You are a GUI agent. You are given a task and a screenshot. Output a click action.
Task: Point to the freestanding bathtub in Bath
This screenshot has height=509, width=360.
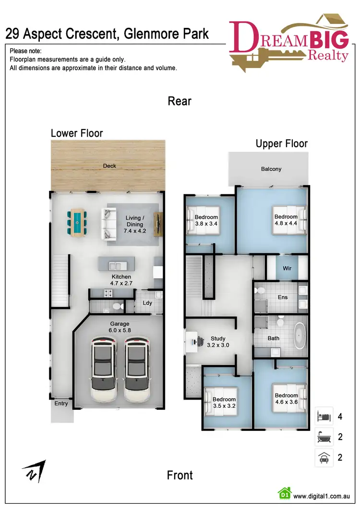click(x=300, y=335)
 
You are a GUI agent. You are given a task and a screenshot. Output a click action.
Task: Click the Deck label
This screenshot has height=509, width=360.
click(x=109, y=166)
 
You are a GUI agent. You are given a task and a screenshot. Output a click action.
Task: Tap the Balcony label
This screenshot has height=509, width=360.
click(x=271, y=169)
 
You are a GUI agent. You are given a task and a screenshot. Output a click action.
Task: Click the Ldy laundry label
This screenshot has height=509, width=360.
click(x=148, y=303)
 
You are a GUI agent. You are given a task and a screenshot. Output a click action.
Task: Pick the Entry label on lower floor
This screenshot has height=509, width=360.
click(x=61, y=403)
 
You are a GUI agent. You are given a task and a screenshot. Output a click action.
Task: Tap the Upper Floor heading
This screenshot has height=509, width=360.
click(x=281, y=143)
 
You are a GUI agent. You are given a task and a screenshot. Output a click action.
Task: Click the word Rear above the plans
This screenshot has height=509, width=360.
click(x=180, y=101)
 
